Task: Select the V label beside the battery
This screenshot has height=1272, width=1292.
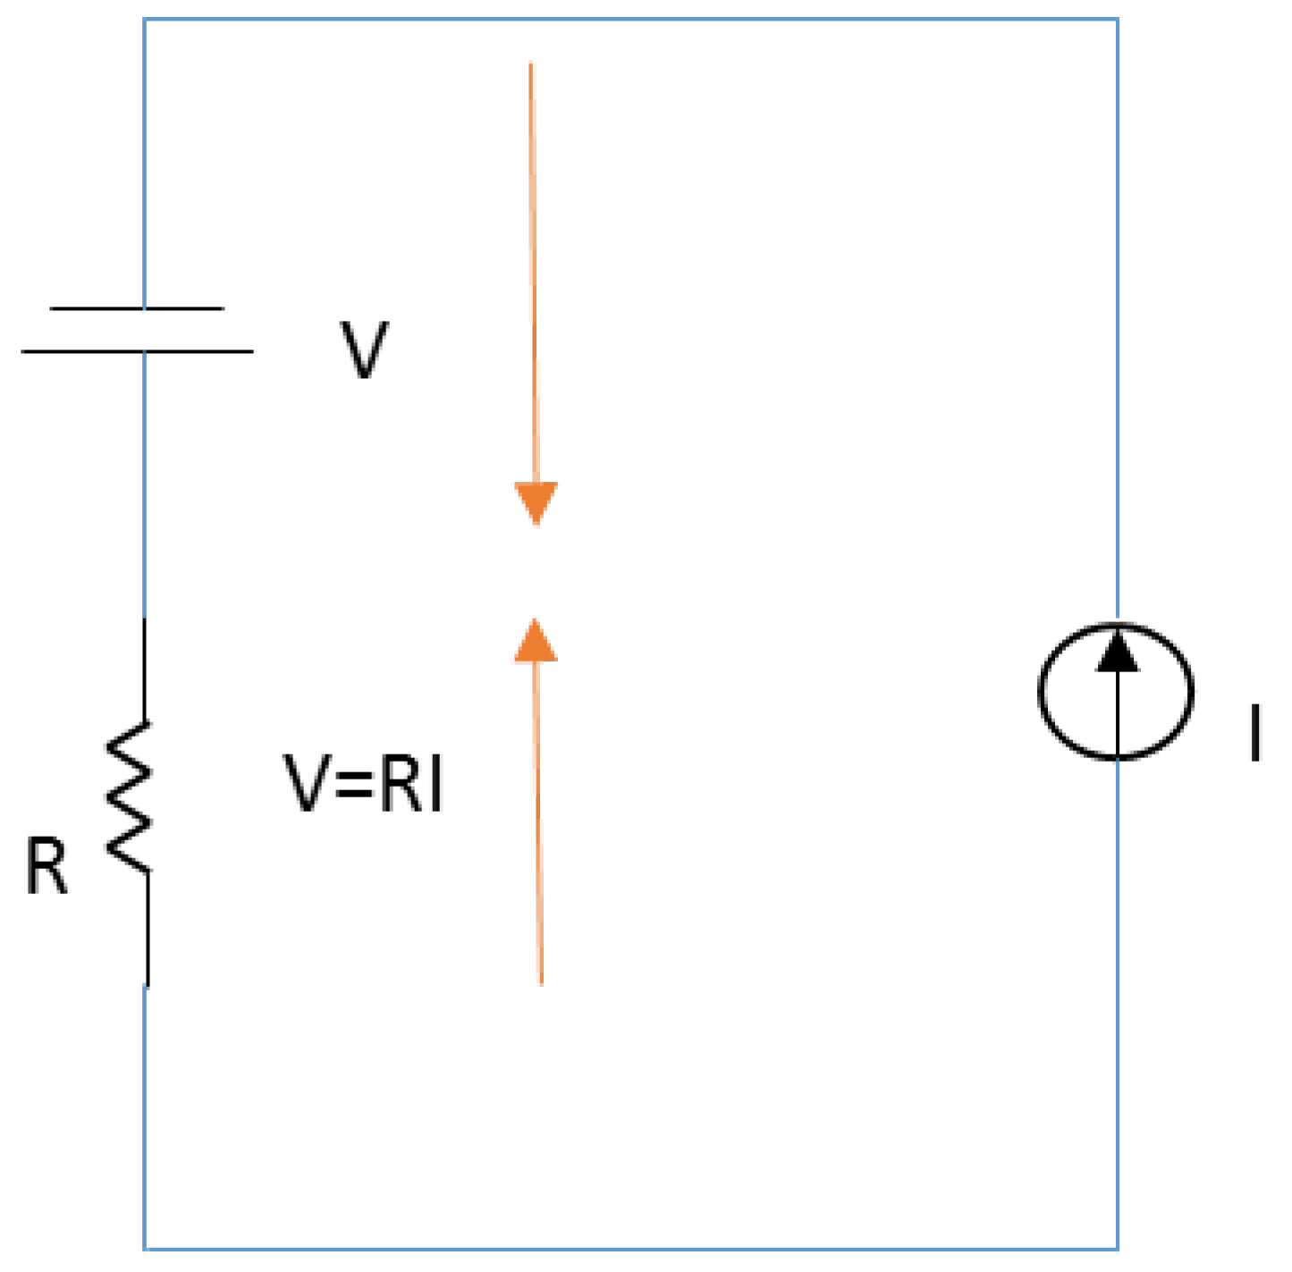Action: coord(364,350)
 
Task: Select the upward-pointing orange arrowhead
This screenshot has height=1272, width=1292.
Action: coord(536,641)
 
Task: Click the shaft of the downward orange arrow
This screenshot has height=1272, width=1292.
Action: coord(533,268)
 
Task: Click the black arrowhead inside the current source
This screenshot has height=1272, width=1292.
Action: coord(1118,653)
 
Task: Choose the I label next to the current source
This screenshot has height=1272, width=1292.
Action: coord(1255,732)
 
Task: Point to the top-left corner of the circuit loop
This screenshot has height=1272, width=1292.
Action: coord(145,20)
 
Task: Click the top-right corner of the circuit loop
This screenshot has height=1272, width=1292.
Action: coord(1117,20)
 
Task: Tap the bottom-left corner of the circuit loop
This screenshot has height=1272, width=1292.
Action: coord(145,1248)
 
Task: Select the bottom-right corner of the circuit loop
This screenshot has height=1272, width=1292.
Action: coord(1117,1248)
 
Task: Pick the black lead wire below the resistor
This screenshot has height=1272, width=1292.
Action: coord(147,930)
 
